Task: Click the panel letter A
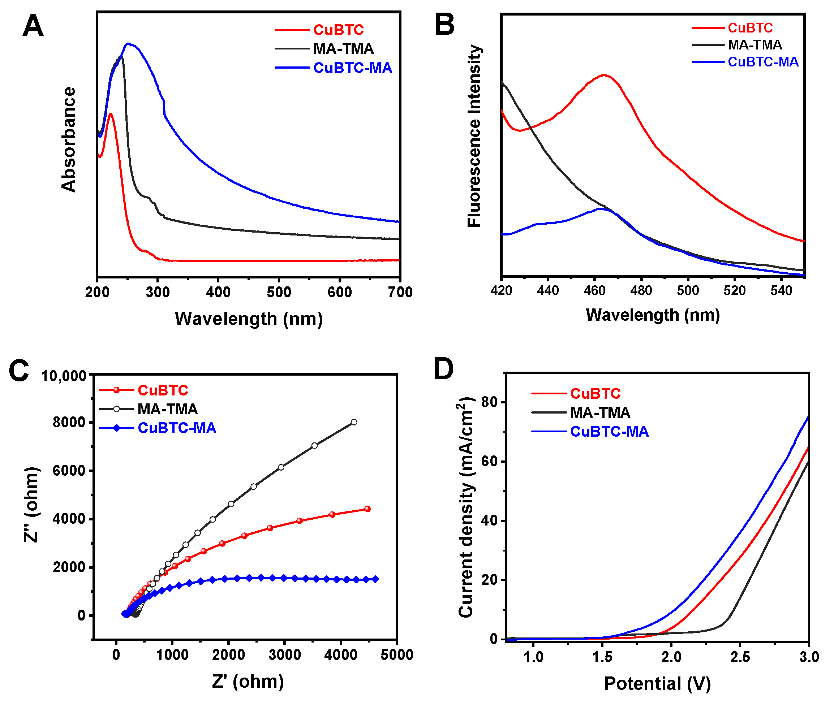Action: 33,26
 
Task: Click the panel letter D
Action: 443,369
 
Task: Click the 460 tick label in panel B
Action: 594,290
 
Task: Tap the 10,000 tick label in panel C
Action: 64,376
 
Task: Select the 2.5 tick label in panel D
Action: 740,657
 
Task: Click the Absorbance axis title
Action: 68,139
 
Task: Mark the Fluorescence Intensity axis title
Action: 474,136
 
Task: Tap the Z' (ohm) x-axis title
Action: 248,682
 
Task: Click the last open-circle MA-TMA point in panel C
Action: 354,422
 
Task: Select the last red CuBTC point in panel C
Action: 367,509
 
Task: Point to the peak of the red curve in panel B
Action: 604,75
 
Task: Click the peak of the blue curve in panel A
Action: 128,44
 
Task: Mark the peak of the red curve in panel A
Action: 110,114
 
